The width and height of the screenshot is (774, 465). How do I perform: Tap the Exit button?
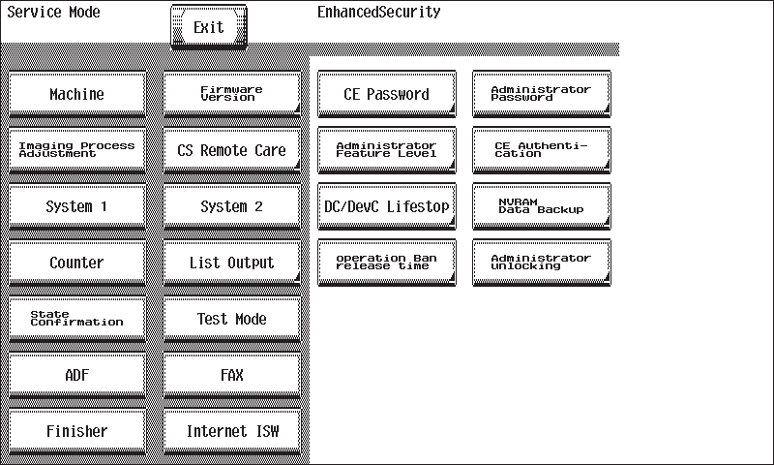click(209, 27)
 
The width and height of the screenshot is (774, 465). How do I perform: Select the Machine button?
click(77, 94)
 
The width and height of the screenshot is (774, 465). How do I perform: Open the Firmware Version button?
click(232, 94)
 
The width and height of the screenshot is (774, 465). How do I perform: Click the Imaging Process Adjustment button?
click(77, 150)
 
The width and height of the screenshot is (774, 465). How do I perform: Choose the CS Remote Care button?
click(232, 150)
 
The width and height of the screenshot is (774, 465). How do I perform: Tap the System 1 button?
click(77, 206)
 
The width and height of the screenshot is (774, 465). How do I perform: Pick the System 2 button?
click(232, 206)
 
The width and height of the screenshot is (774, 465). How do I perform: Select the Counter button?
click(77, 263)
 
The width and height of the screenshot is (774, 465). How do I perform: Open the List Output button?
click(232, 263)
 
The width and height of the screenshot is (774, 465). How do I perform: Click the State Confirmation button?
click(77, 319)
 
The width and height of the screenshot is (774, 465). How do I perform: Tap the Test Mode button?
click(232, 319)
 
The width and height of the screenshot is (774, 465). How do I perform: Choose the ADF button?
click(77, 375)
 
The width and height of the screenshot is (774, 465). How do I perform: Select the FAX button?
click(232, 375)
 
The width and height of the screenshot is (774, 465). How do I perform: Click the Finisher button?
click(77, 431)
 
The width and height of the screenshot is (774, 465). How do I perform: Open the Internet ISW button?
click(232, 431)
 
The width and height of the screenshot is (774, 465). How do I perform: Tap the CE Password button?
click(386, 94)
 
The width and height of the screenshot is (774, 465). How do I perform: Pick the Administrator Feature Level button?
click(386, 150)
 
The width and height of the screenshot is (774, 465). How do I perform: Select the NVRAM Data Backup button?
click(542, 206)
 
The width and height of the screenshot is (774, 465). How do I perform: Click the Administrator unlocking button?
click(542, 263)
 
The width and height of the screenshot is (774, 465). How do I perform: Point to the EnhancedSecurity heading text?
click(378, 12)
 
